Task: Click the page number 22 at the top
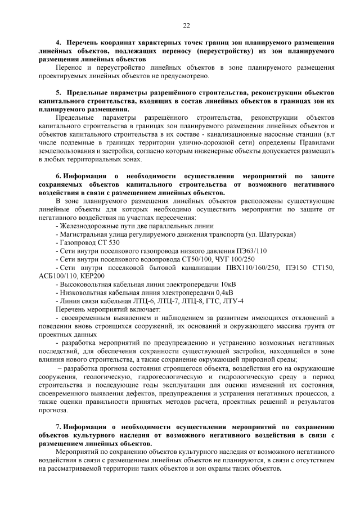186,25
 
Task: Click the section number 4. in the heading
58,43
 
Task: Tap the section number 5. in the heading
58,92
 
